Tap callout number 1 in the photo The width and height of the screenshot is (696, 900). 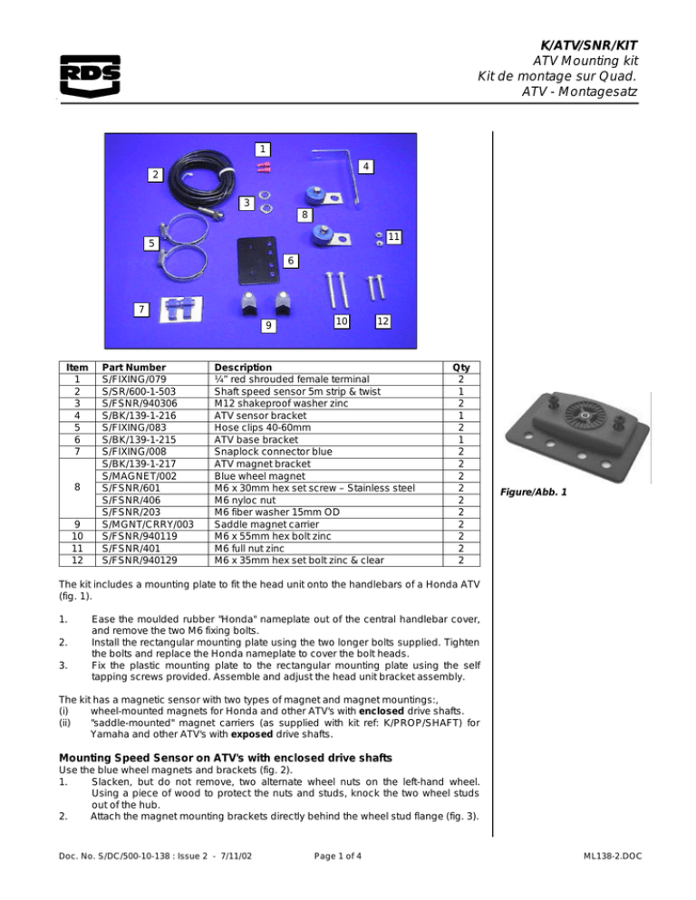[261, 148]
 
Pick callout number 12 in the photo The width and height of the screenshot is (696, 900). [383, 321]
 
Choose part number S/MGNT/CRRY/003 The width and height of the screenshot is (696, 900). [149, 522]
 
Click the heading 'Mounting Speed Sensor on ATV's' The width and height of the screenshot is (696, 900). [236, 757]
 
